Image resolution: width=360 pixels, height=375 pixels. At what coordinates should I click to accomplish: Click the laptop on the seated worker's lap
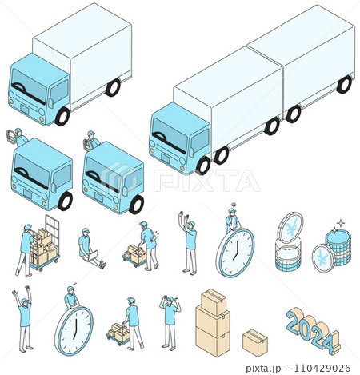93,256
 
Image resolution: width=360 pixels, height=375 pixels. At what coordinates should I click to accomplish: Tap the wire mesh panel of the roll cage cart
52,229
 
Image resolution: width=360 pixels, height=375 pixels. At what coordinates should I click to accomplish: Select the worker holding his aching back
149,245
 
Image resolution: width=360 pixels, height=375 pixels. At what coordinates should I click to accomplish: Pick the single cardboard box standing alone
255,343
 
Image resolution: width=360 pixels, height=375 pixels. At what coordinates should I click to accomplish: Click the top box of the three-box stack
214,302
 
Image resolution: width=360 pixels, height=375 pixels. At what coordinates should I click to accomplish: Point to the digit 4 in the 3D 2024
331,343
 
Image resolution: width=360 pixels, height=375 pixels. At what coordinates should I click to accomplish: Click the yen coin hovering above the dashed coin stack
290,228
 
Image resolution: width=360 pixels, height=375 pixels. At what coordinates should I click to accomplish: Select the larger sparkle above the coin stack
341,222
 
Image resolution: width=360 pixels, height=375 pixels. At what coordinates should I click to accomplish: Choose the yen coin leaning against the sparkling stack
323,258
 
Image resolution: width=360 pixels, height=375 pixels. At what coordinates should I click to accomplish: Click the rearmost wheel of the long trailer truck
344,85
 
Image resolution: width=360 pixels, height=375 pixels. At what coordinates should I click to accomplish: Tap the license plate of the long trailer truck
165,158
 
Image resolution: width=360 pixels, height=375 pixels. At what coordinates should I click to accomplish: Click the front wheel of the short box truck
62,117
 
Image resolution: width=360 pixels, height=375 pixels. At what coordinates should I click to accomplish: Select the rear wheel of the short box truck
113,87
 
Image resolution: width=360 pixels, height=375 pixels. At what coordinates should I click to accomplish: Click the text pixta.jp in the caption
263,368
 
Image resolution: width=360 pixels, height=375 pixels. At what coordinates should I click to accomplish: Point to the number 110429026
322,368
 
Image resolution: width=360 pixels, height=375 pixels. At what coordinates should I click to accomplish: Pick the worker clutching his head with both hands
170,321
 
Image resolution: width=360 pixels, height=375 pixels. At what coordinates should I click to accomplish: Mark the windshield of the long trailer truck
170,135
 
